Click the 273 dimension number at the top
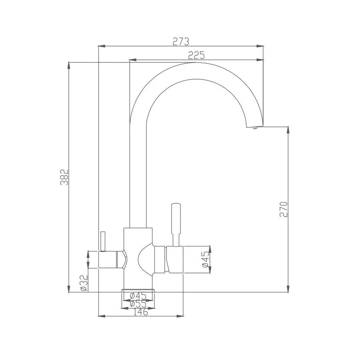tap(180, 41)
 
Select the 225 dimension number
tap(196, 55)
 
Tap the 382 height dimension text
tap(64, 177)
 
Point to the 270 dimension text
tap(284, 209)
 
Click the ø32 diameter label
tap(83, 283)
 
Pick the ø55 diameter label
tap(138, 304)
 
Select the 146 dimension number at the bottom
tap(140, 312)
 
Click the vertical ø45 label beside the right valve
tap(205, 260)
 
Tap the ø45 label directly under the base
tap(138, 296)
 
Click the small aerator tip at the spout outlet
tap(254, 128)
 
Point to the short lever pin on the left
tap(102, 241)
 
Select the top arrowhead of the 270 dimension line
tap(288, 130)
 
